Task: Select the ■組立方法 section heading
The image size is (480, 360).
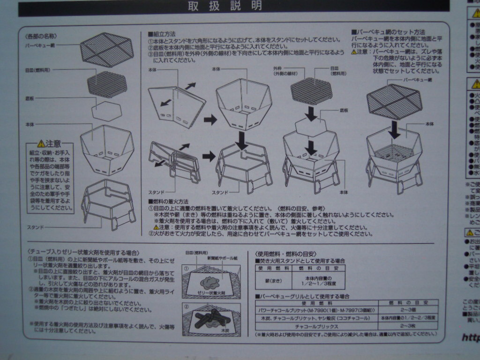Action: [162, 34]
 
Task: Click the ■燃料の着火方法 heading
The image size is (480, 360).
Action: [169, 201]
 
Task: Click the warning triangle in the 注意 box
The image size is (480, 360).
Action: [41, 143]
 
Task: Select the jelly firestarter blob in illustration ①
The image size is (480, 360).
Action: [209, 282]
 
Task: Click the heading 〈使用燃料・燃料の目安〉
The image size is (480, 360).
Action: [285, 253]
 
